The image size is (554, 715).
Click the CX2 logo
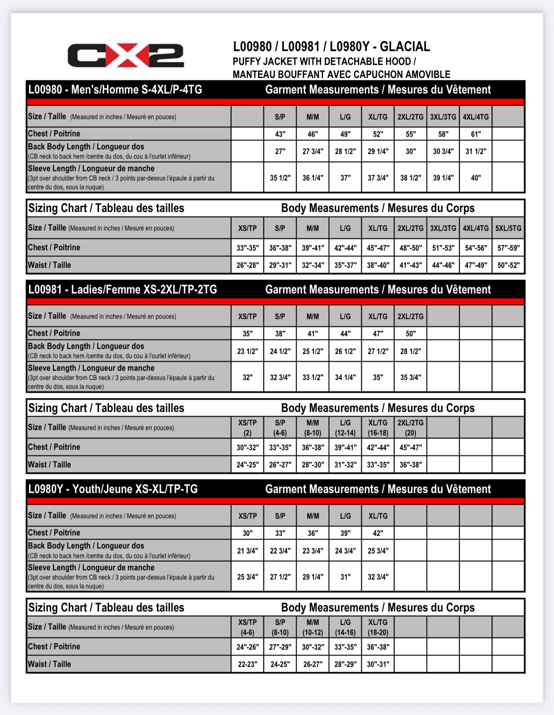click(125, 55)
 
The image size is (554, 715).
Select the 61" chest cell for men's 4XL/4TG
click(476, 134)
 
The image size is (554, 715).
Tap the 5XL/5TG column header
click(508, 228)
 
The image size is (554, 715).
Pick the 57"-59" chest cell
click(508, 248)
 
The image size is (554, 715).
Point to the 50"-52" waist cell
click(508, 265)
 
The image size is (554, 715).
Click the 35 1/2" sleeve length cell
click(280, 178)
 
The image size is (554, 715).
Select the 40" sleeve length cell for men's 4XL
click(476, 178)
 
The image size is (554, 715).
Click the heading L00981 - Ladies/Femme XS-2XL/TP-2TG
click(123, 289)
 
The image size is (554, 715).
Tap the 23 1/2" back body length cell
click(247, 351)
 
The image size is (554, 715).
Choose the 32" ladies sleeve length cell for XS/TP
click(247, 377)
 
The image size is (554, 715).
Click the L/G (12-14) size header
click(345, 428)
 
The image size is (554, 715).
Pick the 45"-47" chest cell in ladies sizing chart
click(410, 447)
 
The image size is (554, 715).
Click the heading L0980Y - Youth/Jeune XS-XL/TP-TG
click(113, 489)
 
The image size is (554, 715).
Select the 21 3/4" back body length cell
click(247, 551)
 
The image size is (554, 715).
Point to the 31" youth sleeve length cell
click(345, 577)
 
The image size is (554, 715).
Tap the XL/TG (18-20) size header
click(378, 627)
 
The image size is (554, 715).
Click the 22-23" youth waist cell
click(247, 664)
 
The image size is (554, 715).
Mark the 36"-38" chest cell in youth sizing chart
click(378, 647)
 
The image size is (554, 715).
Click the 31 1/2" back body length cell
click(476, 151)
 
